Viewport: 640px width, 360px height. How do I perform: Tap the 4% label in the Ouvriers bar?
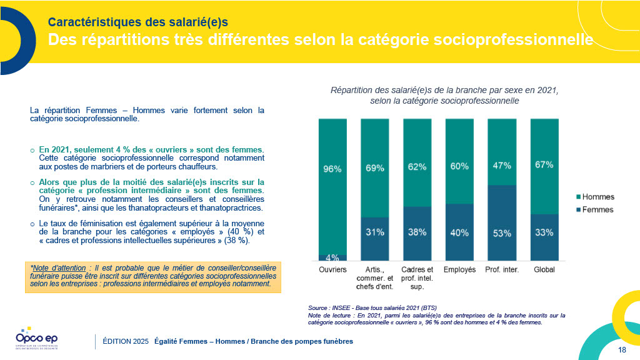tap(332, 257)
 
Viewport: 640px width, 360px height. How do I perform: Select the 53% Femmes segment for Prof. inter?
tap(502, 232)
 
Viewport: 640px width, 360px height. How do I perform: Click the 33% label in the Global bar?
tap(544, 232)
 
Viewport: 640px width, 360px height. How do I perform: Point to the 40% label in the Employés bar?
tap(459, 232)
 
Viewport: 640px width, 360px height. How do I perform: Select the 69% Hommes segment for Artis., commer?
tap(375, 167)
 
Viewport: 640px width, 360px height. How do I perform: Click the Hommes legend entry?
tap(593, 197)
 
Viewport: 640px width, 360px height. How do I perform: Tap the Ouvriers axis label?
tap(332, 270)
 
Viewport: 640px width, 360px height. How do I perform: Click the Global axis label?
tap(544, 270)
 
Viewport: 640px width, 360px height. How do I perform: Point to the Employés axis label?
tap(459, 270)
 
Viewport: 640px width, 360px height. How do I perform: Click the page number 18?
tap(621, 349)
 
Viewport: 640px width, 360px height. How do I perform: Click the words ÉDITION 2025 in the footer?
tap(126, 341)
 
